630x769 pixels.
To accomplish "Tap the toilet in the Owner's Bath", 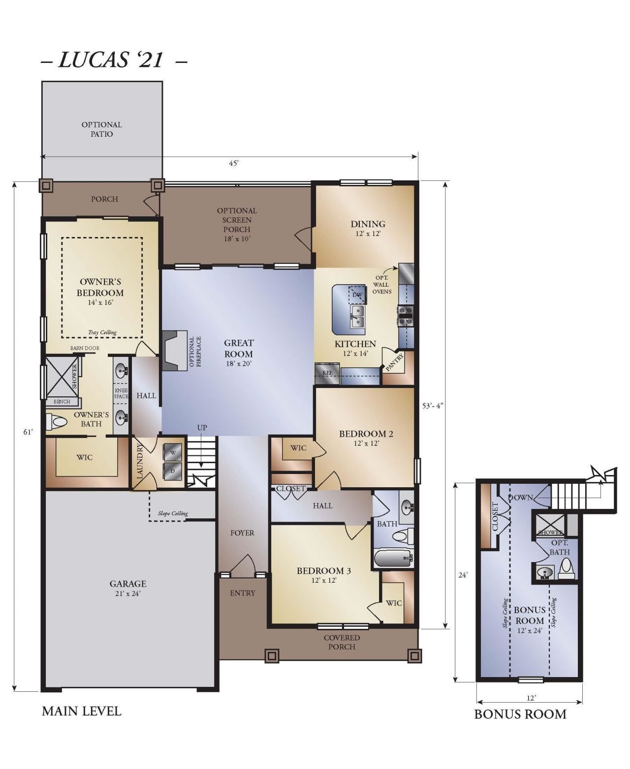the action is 57,422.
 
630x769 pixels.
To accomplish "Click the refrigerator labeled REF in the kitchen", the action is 327,374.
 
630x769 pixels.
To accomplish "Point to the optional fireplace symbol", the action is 174,351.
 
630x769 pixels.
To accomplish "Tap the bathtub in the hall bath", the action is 393,558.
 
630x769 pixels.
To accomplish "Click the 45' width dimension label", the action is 234,163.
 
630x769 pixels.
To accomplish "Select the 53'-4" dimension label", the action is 433,406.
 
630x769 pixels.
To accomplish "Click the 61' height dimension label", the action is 28,432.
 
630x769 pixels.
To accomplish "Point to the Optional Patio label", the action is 101,129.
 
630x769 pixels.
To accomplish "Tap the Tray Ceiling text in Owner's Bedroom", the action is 102,332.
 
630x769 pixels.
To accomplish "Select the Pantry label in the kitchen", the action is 394,362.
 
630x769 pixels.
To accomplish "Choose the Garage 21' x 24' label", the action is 128,588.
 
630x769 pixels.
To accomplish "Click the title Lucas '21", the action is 110,59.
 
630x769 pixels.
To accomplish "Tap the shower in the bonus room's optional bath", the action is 550,526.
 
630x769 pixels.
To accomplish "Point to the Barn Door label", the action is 85,348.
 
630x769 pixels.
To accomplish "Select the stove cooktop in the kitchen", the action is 406,316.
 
